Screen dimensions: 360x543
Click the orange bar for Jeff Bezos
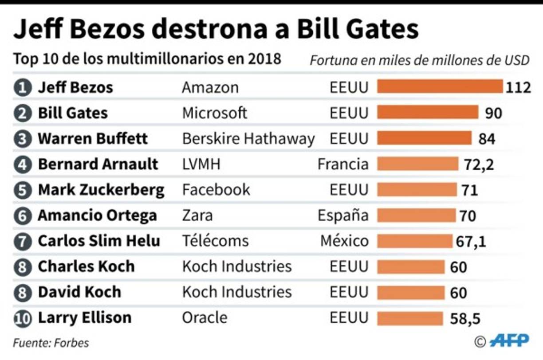[x=440, y=87]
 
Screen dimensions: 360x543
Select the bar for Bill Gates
[x=428, y=113]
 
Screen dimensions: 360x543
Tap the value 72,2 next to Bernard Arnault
[x=479, y=165]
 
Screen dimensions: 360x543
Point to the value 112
[x=518, y=88]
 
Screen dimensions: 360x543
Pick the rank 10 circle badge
[x=22, y=318]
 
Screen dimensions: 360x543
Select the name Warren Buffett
[x=93, y=138]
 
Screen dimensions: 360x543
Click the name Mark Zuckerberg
[x=101, y=190]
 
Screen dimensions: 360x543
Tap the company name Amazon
[x=210, y=87]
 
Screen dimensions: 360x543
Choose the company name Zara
[x=197, y=215]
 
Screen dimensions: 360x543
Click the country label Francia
[x=342, y=164]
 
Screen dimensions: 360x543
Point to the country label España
[x=342, y=215]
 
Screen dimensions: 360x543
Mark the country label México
[x=344, y=241]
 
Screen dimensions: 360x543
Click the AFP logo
[x=509, y=340]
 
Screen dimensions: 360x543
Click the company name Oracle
[x=205, y=317]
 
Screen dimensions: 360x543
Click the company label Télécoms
[x=215, y=241]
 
